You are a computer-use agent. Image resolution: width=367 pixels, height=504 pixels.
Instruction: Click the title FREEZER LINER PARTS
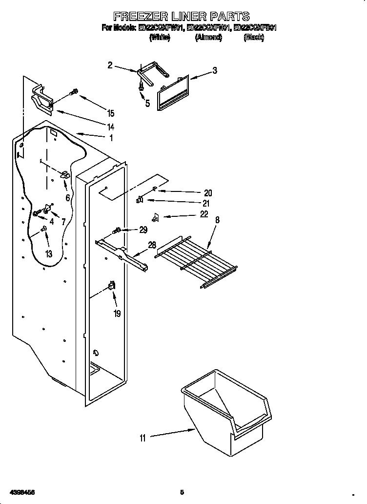182,17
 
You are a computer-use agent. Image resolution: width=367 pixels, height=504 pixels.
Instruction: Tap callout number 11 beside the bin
143,438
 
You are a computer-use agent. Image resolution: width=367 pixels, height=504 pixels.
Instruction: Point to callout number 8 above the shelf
217,220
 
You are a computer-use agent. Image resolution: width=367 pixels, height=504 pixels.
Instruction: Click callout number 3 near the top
214,71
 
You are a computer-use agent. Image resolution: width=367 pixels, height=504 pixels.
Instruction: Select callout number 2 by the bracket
110,64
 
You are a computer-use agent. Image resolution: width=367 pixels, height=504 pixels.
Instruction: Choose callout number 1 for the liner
111,138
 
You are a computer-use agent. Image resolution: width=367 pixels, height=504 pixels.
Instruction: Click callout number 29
143,230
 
